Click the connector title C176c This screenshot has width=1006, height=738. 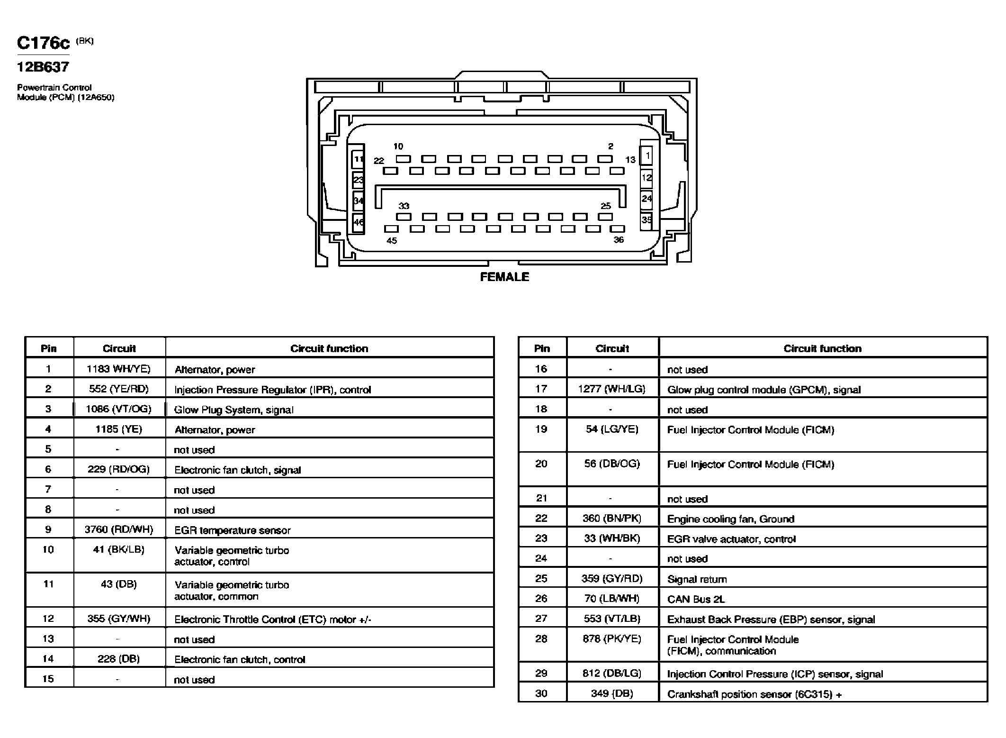[x=44, y=43]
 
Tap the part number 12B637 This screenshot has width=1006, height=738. [x=43, y=67]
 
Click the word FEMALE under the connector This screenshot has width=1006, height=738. [x=504, y=277]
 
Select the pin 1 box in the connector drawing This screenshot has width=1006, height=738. [x=647, y=155]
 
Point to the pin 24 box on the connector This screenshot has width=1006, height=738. [x=647, y=199]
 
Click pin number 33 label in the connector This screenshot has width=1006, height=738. [x=404, y=206]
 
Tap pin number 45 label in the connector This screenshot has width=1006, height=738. [x=392, y=241]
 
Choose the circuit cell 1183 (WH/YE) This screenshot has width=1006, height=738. [x=119, y=369]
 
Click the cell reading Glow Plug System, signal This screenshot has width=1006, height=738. [x=234, y=410]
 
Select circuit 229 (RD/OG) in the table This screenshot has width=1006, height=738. [x=119, y=469]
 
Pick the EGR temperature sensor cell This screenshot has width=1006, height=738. [x=233, y=530]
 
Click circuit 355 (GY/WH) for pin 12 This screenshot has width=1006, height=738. [x=119, y=619]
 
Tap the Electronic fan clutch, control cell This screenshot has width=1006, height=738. [x=240, y=659]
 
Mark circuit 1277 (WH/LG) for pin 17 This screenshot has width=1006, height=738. [x=612, y=389]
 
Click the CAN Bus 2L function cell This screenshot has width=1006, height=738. [x=696, y=599]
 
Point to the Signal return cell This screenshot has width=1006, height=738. [x=697, y=579]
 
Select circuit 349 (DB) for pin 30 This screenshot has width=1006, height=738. [x=612, y=693]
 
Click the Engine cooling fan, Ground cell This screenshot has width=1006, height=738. [x=730, y=519]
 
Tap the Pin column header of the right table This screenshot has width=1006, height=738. [x=542, y=348]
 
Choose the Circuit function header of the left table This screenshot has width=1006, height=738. [x=329, y=348]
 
